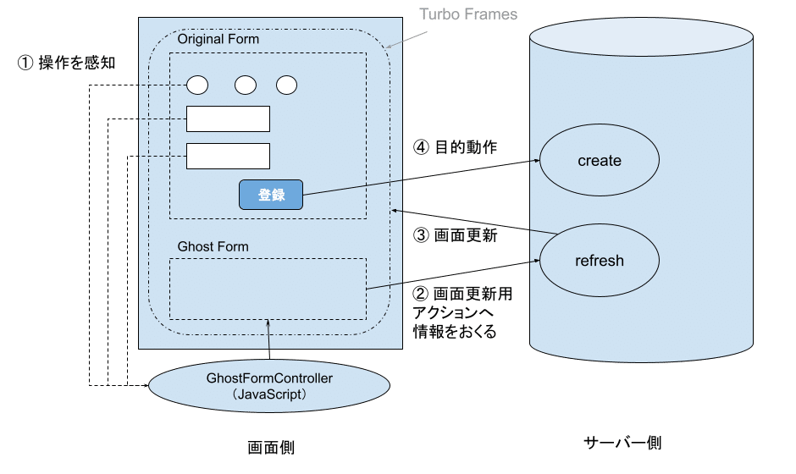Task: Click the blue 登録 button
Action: click(x=271, y=195)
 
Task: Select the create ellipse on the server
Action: click(x=599, y=161)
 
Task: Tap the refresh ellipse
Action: click(x=599, y=261)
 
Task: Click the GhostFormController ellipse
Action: click(x=268, y=386)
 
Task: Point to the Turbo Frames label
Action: click(x=468, y=15)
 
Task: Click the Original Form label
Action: click(x=218, y=39)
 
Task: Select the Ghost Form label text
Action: click(x=213, y=246)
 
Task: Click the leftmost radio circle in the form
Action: click(x=197, y=85)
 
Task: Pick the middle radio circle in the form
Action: click(x=246, y=85)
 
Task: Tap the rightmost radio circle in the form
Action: click(x=287, y=85)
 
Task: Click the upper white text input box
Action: click(x=228, y=119)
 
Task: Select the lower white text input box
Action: click(x=228, y=157)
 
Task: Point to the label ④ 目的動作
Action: click(x=455, y=146)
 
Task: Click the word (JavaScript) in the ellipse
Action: click(x=268, y=394)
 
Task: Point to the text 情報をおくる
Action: click(x=454, y=332)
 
